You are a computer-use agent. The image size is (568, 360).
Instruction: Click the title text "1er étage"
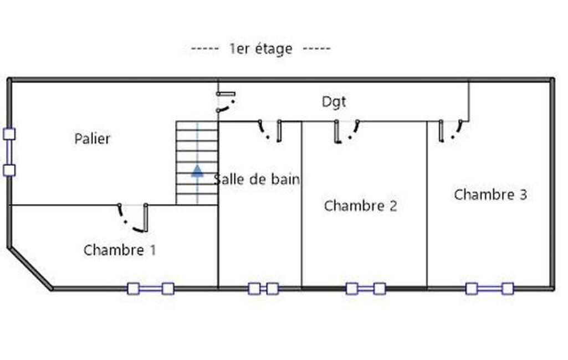pyautogui.click(x=261, y=49)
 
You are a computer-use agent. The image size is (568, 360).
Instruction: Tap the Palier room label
pyautogui.click(x=92, y=138)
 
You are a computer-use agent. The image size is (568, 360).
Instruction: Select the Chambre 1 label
pyautogui.click(x=120, y=250)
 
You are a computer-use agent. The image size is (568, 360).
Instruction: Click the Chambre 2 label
pyautogui.click(x=360, y=205)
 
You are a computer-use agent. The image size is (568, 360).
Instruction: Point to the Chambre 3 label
pyautogui.click(x=490, y=194)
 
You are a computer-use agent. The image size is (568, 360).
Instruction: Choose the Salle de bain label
pyautogui.click(x=257, y=179)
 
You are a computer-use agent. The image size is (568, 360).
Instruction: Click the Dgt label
pyautogui.click(x=334, y=102)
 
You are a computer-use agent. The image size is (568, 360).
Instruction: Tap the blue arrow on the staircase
pyautogui.click(x=197, y=171)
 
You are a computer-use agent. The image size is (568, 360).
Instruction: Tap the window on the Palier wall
pyautogui.click(x=9, y=152)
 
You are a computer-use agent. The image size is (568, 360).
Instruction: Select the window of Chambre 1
pyautogui.click(x=151, y=289)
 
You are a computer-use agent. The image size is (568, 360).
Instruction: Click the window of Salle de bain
pyautogui.click(x=263, y=289)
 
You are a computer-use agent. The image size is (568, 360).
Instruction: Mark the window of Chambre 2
pyautogui.click(x=366, y=289)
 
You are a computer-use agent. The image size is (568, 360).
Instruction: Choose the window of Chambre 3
pyautogui.click(x=489, y=289)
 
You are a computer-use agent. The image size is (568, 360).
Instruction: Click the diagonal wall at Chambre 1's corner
pyautogui.click(x=30, y=268)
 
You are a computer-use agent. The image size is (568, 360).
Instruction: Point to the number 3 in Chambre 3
pyautogui.click(x=523, y=194)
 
